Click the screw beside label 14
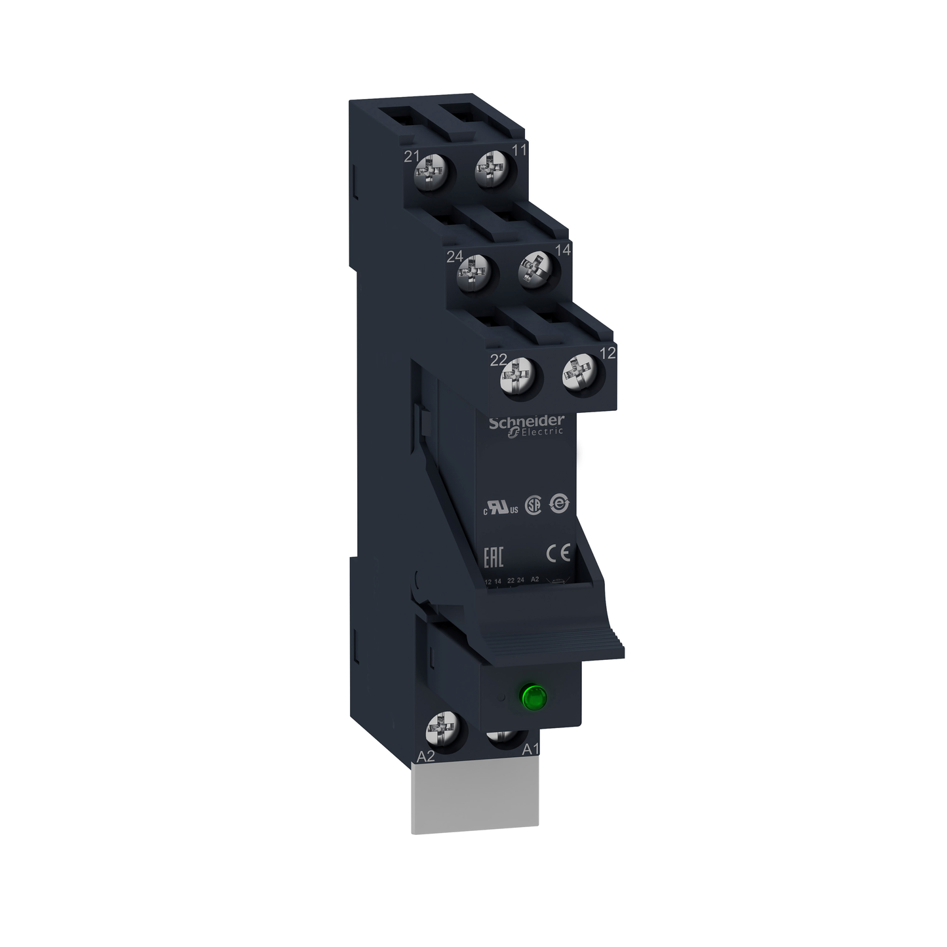click(x=534, y=271)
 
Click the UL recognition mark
click(x=501, y=509)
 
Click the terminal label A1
click(x=530, y=750)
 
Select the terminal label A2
click(x=426, y=756)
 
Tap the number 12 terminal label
click(x=608, y=353)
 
